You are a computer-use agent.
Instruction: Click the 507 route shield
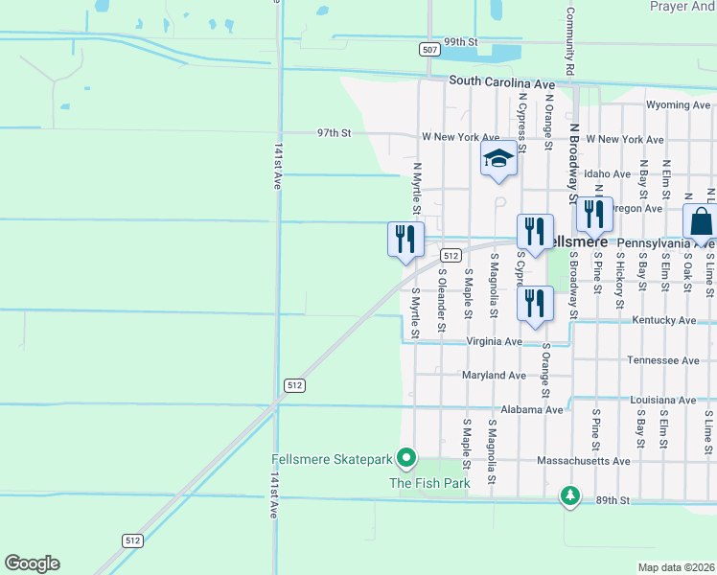coord(429,48)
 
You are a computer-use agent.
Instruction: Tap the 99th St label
coord(460,42)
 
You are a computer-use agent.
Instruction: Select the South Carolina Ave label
coord(501,82)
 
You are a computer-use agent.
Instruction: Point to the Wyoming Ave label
coord(679,104)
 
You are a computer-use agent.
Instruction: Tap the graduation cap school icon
coord(498,158)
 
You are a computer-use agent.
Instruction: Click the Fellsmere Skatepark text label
coord(332,459)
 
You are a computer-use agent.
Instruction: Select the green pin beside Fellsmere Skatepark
coord(405,459)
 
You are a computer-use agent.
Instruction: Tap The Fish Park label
coord(428,483)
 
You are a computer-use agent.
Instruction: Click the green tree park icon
coord(570,495)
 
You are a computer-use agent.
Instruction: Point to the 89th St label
coord(611,500)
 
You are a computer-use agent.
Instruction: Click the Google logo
coord(32,563)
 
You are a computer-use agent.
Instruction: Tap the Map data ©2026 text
coord(676,567)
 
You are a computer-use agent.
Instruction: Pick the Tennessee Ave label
coord(663,360)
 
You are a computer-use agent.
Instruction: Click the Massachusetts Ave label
coord(585,461)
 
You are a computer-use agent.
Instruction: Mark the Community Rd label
coord(569,41)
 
